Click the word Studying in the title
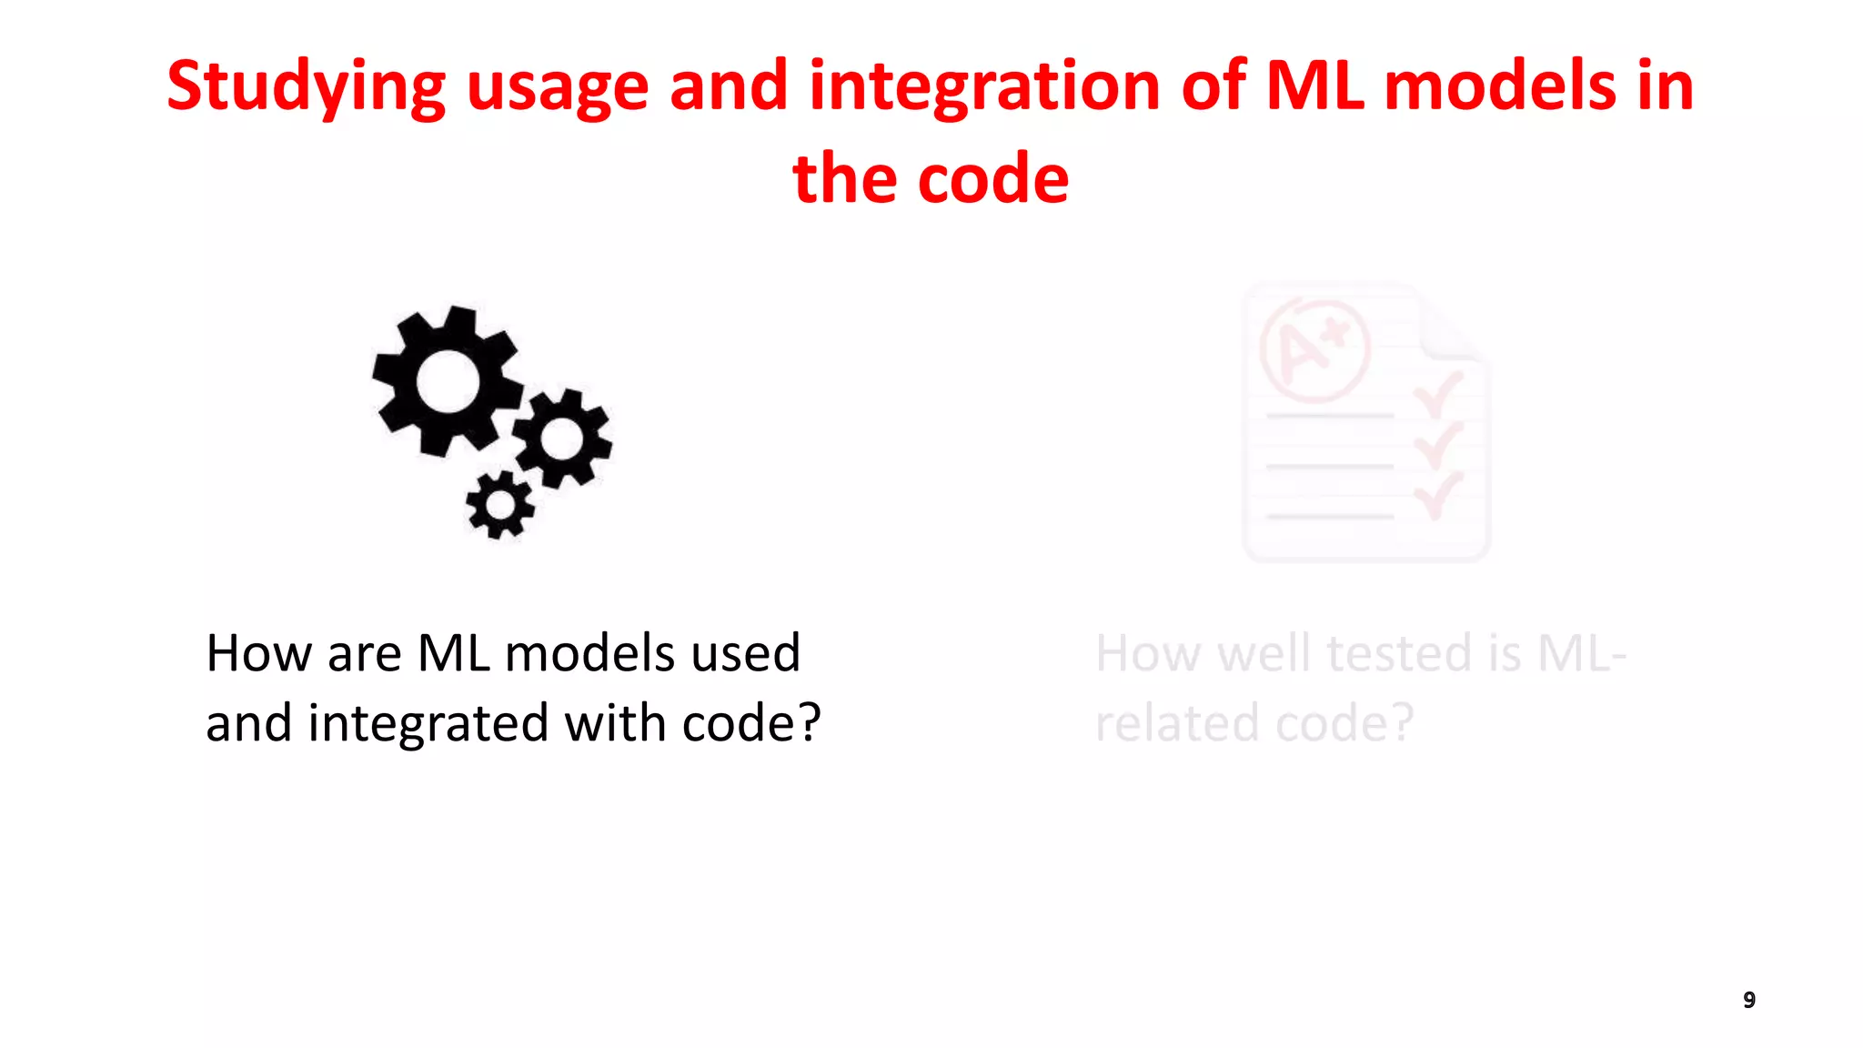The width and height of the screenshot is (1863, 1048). click(x=306, y=87)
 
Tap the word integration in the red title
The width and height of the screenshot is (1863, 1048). click(x=983, y=86)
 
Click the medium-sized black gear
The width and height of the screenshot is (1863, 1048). click(x=562, y=438)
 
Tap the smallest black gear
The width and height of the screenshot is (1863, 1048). click(x=499, y=504)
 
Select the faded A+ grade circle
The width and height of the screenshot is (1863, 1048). click(x=1314, y=351)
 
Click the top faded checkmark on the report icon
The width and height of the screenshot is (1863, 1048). click(x=1437, y=394)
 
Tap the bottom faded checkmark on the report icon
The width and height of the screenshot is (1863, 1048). click(x=1437, y=494)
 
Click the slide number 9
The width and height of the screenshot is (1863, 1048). click(x=1748, y=1000)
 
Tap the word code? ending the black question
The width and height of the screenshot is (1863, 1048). click(x=751, y=723)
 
